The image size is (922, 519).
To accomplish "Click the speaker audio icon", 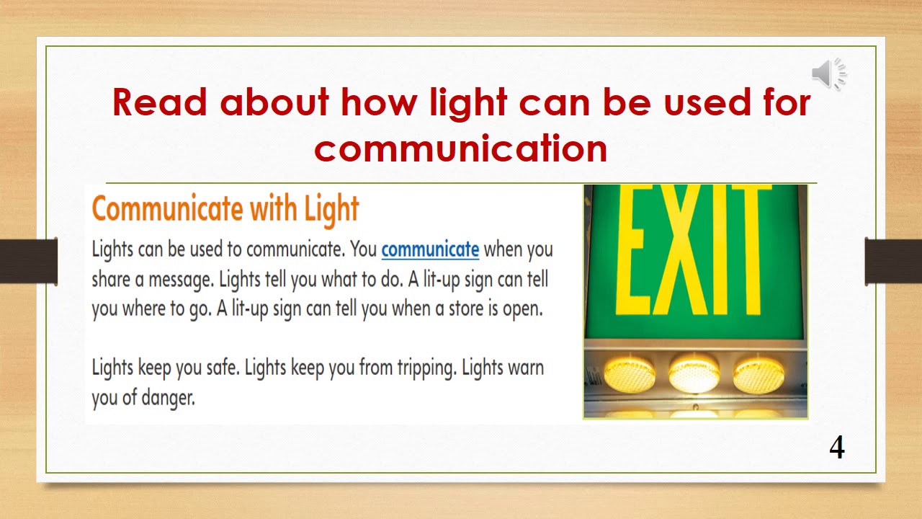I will click(829, 73).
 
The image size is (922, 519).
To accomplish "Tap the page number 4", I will click(836, 448).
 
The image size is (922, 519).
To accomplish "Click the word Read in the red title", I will click(159, 102).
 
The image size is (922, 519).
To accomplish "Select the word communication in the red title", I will click(460, 148).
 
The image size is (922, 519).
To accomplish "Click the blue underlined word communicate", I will click(430, 249).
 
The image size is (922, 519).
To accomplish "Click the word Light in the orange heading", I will click(331, 209).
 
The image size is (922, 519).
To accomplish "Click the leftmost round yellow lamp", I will click(630, 373).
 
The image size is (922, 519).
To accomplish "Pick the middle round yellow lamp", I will click(694, 373).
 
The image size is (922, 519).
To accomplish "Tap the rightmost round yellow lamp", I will click(758, 373).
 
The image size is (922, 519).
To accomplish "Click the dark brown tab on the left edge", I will click(29, 260).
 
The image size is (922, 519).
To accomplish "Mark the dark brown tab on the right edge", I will click(893, 260).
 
